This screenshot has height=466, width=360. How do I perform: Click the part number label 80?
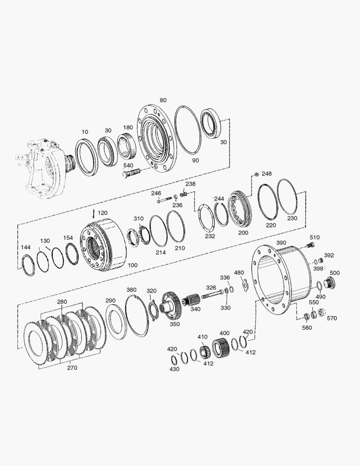click(x=163, y=100)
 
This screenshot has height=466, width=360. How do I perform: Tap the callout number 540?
click(x=128, y=165)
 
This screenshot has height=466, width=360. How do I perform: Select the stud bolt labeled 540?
click(x=131, y=173)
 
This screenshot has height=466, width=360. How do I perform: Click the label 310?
click(x=138, y=219)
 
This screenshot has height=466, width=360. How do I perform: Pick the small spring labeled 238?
click(x=184, y=194)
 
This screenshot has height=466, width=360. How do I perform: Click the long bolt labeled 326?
click(x=212, y=295)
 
